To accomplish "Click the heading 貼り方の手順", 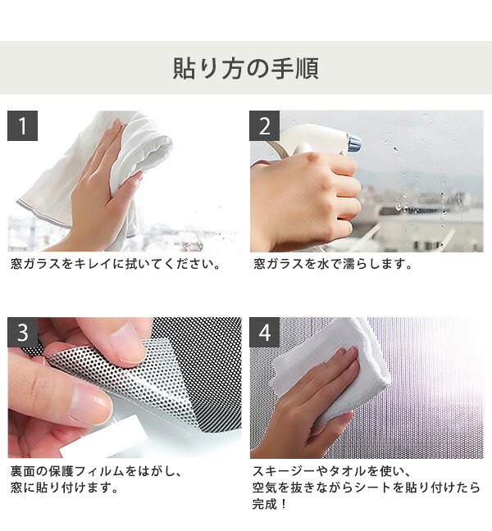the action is [246, 68].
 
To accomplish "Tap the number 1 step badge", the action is [22, 125].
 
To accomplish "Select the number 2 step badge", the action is [264, 125].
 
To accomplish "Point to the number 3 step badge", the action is [22, 332].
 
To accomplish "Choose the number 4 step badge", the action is [264, 332].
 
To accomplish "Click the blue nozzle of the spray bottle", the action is [354, 143].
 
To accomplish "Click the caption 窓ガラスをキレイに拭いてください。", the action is [116, 264].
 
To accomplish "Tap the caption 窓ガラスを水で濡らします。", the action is [333, 264].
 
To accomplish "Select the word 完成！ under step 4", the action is [270, 504].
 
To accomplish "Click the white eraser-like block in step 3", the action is [105, 437].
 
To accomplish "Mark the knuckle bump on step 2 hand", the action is [313, 157].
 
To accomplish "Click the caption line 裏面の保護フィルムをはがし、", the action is [97, 471].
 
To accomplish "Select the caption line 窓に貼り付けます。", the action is [65, 488].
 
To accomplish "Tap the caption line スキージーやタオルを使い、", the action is [332, 471].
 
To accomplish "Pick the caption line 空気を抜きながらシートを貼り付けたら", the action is [367, 488].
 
